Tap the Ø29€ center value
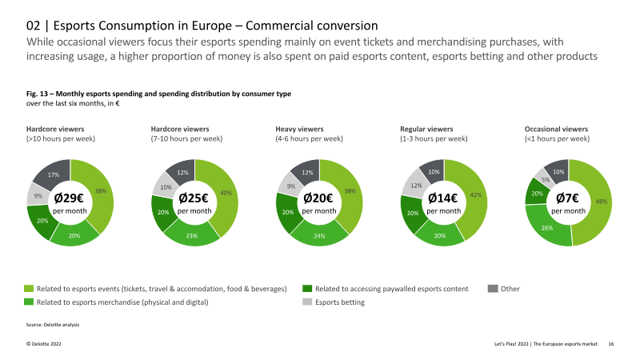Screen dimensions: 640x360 pyautogui.click(x=69, y=198)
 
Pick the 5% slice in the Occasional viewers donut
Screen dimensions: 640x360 pyautogui.click(x=545, y=180)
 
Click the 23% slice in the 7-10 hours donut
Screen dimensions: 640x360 pyautogui.click(x=192, y=235)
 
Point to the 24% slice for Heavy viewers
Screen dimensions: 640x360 pyautogui.click(x=319, y=235)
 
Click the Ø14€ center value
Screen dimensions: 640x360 pyautogui.click(x=443, y=198)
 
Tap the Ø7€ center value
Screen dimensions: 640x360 pyautogui.click(x=568, y=198)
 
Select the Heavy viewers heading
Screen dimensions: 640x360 pyautogui.click(x=299, y=129)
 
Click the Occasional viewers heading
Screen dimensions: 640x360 pyautogui.click(x=556, y=129)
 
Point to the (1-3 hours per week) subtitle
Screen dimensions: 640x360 pyautogui.click(x=434, y=138)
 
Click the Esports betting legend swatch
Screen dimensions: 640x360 pyautogui.click(x=307, y=302)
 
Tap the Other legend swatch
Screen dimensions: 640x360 pyautogui.click(x=493, y=289)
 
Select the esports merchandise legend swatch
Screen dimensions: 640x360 pyautogui.click(x=29, y=302)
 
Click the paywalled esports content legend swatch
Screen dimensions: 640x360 pyautogui.click(x=307, y=289)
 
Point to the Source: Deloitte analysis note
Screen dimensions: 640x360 pyautogui.click(x=53, y=325)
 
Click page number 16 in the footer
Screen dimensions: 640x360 pyautogui.click(x=611, y=344)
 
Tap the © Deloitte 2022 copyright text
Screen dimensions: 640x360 pyautogui.click(x=44, y=344)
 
